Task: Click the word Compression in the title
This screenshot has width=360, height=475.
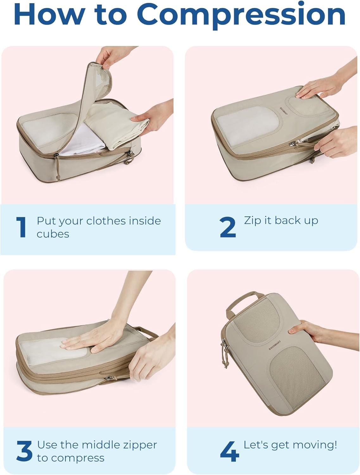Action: click(x=241, y=15)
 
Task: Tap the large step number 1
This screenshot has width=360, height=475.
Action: click(x=22, y=227)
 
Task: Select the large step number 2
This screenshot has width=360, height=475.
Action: click(x=228, y=227)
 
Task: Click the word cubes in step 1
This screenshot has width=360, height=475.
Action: click(x=53, y=234)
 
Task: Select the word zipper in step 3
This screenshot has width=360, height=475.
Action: click(x=140, y=445)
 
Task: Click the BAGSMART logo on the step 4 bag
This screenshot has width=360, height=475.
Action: click(x=275, y=345)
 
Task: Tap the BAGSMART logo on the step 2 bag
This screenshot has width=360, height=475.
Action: click(x=284, y=111)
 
